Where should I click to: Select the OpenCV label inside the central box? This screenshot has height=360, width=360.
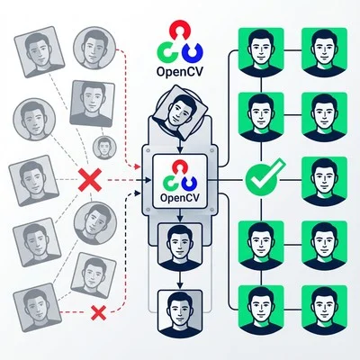point(182,194)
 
